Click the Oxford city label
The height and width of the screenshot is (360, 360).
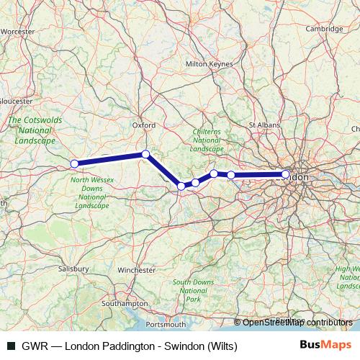coord(143,125)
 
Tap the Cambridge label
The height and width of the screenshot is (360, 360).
coord(323,30)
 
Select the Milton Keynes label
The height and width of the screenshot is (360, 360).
coord(210,63)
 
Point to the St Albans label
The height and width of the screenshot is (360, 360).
coord(263,125)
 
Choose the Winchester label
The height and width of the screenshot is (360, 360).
coord(136,270)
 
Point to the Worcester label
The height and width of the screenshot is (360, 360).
coord(18,32)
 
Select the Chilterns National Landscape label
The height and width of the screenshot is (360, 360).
coord(207,140)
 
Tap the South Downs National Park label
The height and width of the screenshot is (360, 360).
coord(192,290)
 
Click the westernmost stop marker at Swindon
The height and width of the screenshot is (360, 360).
coord(74,163)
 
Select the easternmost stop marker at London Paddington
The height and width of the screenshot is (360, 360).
coord(286,174)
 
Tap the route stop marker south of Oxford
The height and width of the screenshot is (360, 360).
coord(145,154)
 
